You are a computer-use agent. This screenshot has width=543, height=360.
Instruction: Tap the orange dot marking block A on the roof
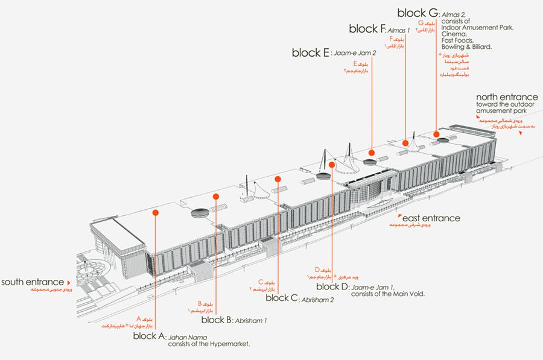click(156, 212)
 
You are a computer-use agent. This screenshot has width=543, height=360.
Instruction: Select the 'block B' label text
click(217, 320)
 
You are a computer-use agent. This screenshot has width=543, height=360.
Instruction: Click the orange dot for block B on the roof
click(215, 196)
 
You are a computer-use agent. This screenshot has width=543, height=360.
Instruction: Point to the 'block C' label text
click(281, 297)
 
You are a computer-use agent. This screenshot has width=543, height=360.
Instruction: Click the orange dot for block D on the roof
click(332, 164)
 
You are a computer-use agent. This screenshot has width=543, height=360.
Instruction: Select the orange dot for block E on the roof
click(372, 153)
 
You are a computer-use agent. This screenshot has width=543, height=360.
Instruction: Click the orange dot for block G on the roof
click(436, 134)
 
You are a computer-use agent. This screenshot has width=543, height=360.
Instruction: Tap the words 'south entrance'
click(32, 282)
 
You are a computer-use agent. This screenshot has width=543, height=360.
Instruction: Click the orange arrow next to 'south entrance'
click(68, 282)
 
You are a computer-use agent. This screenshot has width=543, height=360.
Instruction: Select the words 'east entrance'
click(432, 218)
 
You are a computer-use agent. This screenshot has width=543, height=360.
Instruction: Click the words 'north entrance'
click(506, 96)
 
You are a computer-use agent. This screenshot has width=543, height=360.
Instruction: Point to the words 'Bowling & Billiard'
click(466, 46)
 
